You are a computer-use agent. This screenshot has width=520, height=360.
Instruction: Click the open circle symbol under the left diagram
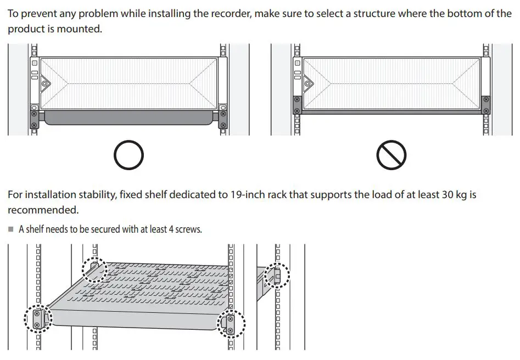pyautogui.click(x=128, y=155)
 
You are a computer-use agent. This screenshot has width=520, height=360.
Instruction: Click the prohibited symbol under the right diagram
pyautogui.click(x=391, y=155)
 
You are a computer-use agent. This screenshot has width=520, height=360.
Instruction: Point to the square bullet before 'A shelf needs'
pyautogui.click(x=10, y=229)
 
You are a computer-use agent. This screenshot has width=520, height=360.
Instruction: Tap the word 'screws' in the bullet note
pyautogui.click(x=188, y=229)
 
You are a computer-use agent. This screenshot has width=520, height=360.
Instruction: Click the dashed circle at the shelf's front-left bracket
pyautogui.click(x=38, y=319)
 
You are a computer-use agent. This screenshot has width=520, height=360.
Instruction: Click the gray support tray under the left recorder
pyautogui.click(x=128, y=117)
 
